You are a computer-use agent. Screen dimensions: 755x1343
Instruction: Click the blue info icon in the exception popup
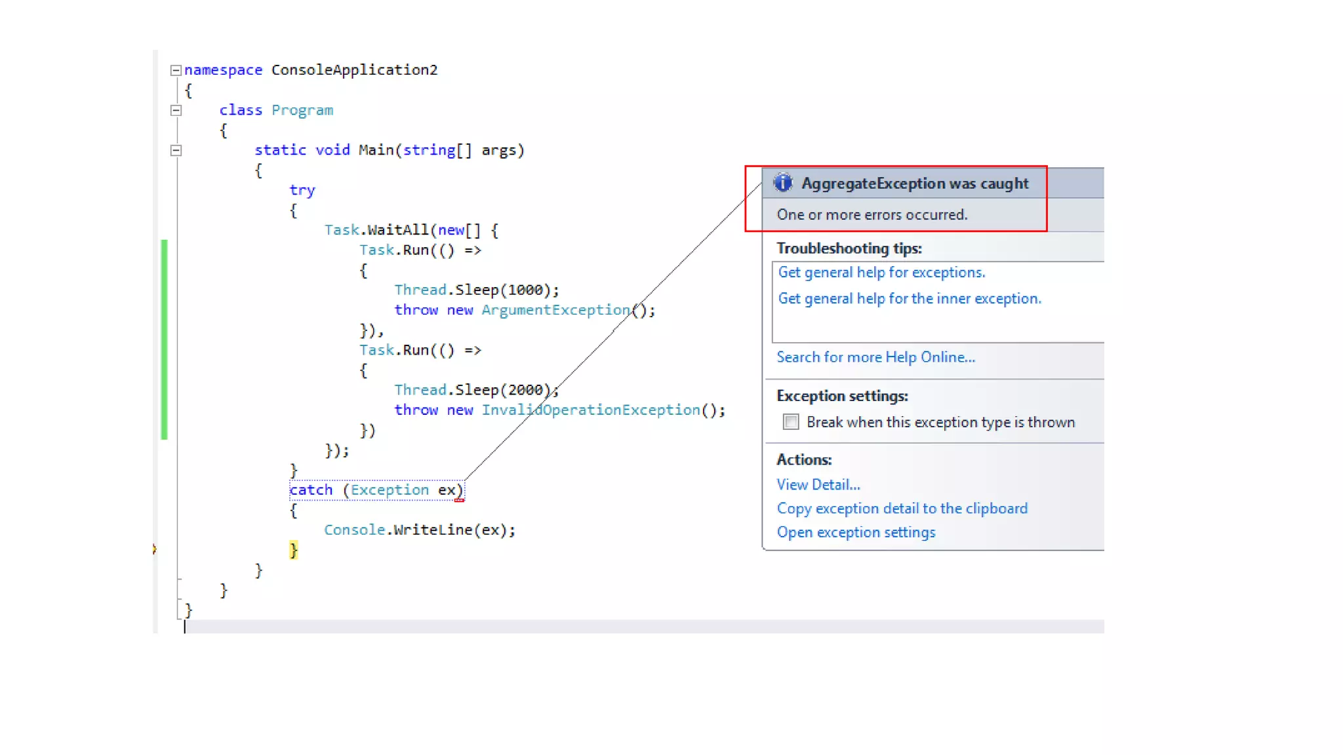click(783, 183)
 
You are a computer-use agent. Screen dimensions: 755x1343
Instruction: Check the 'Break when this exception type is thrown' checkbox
click(791, 422)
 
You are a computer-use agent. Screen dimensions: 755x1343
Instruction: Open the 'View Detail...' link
click(818, 484)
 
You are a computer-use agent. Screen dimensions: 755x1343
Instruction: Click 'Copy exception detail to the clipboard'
click(902, 509)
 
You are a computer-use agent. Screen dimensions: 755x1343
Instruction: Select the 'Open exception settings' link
click(856, 532)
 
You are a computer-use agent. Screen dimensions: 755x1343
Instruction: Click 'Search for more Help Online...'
click(875, 357)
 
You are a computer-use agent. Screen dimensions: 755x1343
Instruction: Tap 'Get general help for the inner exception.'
click(909, 299)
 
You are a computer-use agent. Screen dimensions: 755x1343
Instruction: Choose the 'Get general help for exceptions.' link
click(881, 273)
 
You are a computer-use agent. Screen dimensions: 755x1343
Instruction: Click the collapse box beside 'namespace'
click(176, 70)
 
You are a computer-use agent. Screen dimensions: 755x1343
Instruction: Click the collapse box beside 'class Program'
click(176, 110)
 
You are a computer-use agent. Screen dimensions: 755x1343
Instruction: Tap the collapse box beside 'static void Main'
click(176, 150)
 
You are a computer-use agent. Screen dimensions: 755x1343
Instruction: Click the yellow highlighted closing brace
click(293, 550)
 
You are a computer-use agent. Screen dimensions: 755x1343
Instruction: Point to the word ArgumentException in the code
click(555, 310)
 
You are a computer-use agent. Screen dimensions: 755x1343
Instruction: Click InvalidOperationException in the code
click(591, 410)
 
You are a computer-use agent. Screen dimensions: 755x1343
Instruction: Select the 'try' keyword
click(302, 190)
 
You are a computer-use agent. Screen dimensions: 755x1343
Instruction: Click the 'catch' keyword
click(311, 490)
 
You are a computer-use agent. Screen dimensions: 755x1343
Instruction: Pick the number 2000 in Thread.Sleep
click(525, 390)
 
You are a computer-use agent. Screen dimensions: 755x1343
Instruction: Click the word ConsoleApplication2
click(354, 70)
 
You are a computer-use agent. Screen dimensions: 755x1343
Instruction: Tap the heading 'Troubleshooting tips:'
click(849, 248)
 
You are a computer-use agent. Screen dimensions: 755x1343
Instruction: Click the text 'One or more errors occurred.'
click(872, 215)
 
